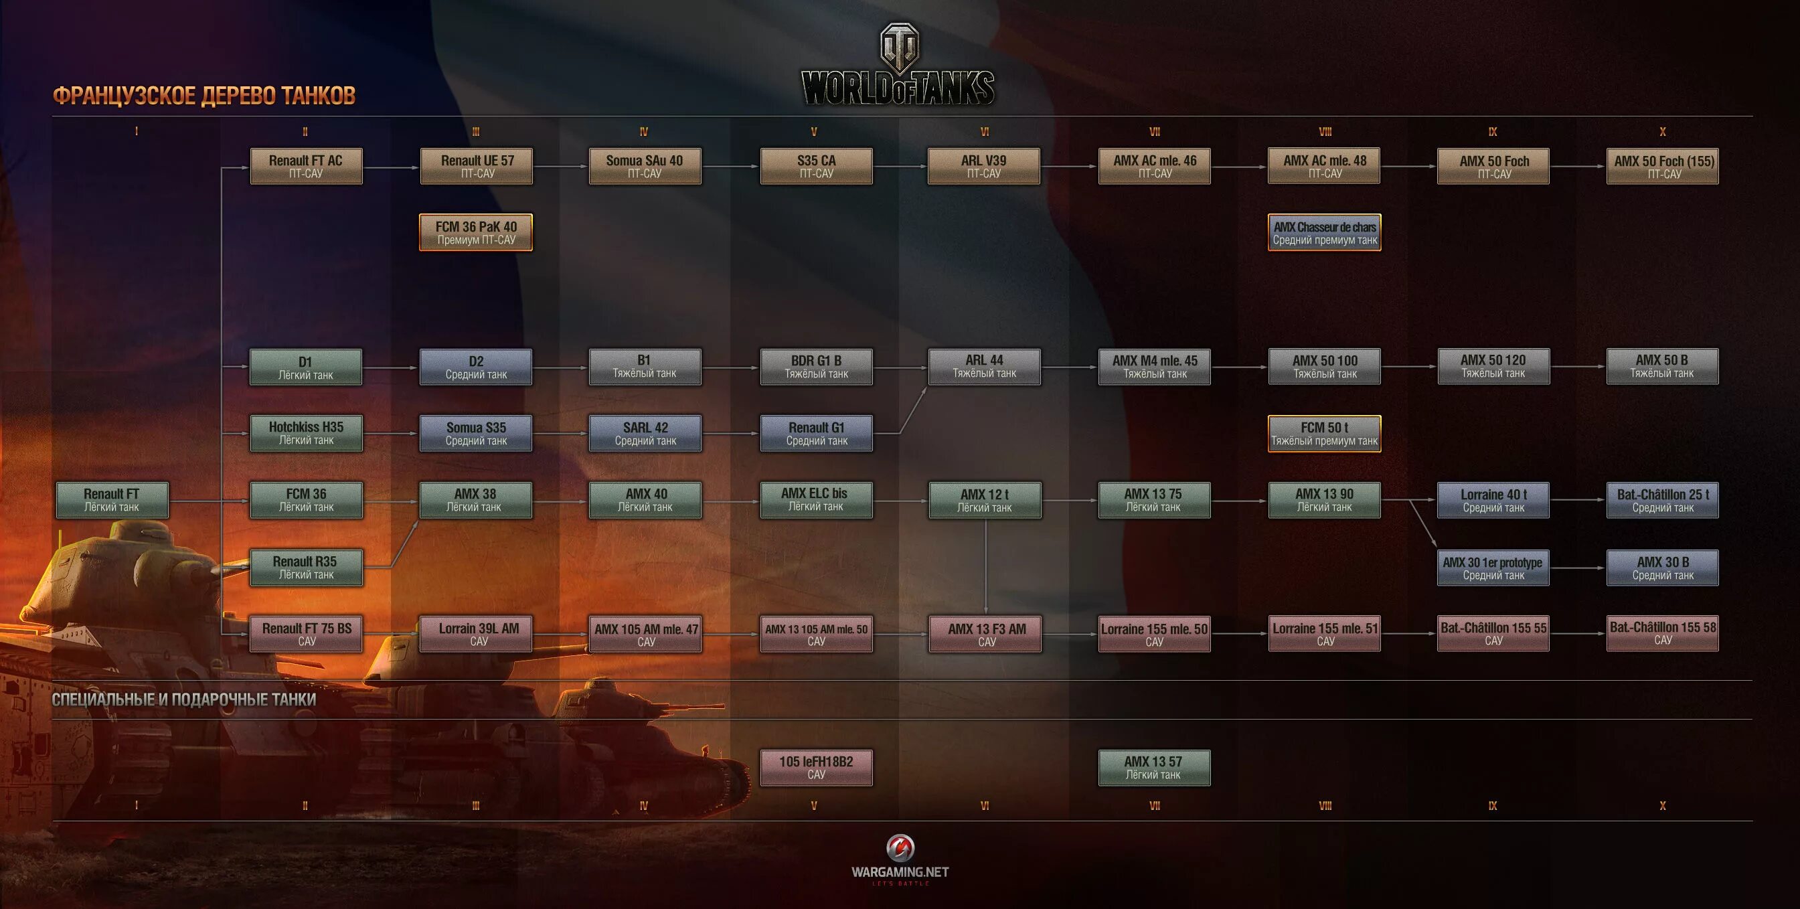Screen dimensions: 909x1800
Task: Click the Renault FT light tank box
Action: pyautogui.click(x=112, y=499)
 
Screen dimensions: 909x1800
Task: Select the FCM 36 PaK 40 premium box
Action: pyautogui.click(x=476, y=232)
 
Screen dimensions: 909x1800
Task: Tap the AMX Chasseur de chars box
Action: pyautogui.click(x=1324, y=232)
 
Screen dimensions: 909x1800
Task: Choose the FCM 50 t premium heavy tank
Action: pyautogui.click(x=1324, y=433)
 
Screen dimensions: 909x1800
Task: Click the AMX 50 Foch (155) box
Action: pyautogui.click(x=1662, y=166)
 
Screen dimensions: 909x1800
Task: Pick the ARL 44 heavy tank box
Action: pyautogui.click(x=984, y=366)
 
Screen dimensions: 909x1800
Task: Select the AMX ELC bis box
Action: pyautogui.click(x=815, y=499)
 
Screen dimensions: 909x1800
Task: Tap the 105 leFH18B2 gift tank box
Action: pyautogui.click(x=815, y=767)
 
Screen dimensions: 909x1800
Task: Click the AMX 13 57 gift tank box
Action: pyautogui.click(x=1153, y=767)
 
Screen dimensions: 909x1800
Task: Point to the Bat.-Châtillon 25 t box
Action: pyautogui.click(x=1662, y=500)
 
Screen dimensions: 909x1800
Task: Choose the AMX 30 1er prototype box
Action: pyautogui.click(x=1493, y=568)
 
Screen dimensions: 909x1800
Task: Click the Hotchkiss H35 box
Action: pyautogui.click(x=306, y=433)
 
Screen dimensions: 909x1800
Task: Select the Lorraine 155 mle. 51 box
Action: pyautogui.click(x=1324, y=633)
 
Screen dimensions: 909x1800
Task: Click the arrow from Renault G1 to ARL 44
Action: pyautogui.click(x=912, y=411)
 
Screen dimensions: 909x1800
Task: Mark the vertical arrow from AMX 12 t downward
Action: pyautogui.click(x=985, y=566)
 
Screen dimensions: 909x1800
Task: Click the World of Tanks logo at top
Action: pyautogui.click(x=898, y=66)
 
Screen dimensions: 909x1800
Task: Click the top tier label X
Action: pyautogui.click(x=1662, y=131)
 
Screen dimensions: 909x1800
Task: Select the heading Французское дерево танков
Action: pyautogui.click(x=204, y=96)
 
